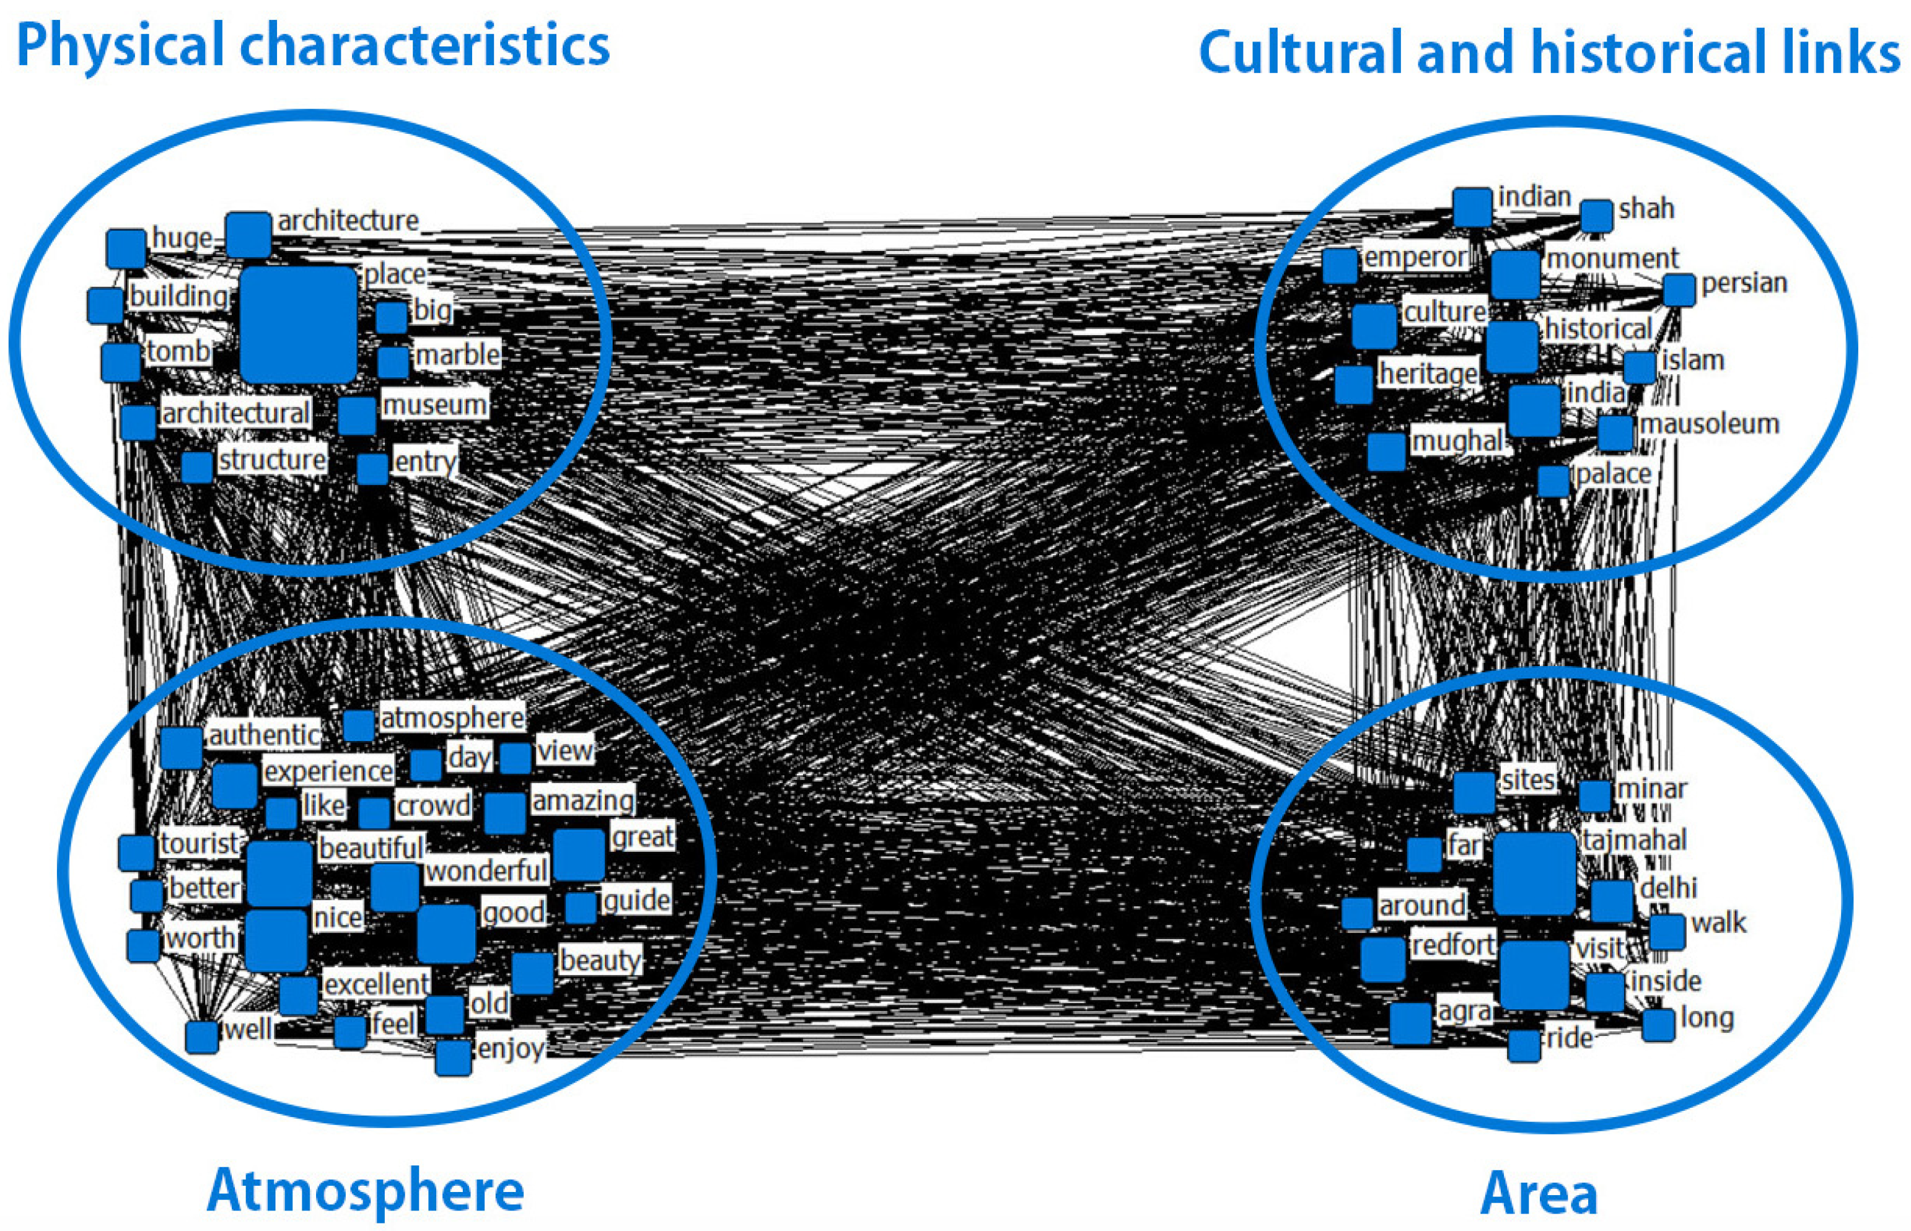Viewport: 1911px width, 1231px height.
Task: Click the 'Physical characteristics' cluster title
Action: click(313, 46)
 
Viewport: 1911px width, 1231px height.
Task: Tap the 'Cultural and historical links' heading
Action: click(1549, 53)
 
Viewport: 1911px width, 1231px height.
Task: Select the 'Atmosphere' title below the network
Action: click(366, 1190)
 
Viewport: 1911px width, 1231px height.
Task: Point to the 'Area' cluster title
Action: click(1539, 1193)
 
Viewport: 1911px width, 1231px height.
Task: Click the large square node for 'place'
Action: click(298, 325)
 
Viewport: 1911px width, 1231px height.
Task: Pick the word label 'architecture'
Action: click(348, 221)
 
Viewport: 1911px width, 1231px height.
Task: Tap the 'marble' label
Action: click(457, 354)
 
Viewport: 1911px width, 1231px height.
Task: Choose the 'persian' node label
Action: click(1744, 283)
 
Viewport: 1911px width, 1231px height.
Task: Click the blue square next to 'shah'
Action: click(1596, 216)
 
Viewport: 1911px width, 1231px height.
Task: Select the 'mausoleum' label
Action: click(1710, 424)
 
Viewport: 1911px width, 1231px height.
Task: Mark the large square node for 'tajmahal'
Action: click(1534, 873)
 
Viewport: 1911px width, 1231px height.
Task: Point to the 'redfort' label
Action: click(1452, 945)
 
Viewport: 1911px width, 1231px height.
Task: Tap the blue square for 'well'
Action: click(201, 1036)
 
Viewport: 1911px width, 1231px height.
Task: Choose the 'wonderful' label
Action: click(486, 870)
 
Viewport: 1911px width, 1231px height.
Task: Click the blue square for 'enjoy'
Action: click(454, 1058)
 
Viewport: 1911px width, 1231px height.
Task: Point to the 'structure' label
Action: click(272, 460)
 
